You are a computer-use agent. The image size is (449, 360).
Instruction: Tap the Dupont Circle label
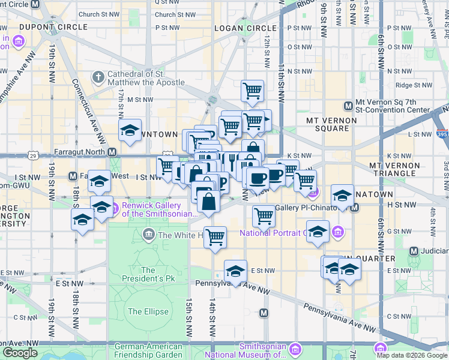[x=46, y=27]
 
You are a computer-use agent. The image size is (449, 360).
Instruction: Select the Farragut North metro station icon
[x=112, y=152]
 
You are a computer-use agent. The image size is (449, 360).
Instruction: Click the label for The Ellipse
[x=143, y=311]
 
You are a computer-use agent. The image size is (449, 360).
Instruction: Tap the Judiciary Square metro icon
[x=414, y=250]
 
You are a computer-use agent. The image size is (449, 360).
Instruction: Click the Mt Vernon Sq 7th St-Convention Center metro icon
[x=348, y=106]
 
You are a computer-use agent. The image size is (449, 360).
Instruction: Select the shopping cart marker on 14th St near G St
[x=214, y=236]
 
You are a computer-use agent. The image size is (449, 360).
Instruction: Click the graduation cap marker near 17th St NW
[x=129, y=131]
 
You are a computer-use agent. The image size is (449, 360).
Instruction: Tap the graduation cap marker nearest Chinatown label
[x=342, y=195]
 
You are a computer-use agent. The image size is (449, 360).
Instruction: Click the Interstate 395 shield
[x=442, y=135]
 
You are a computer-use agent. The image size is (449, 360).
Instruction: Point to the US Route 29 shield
[x=34, y=155]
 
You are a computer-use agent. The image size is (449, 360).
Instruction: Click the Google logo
[x=20, y=353]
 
